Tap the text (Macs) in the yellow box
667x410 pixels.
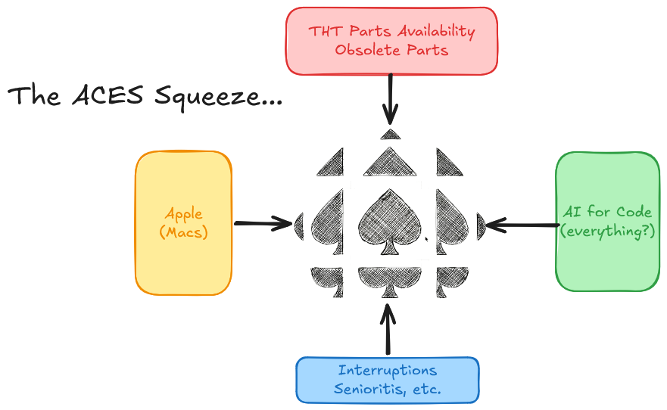coord(183,233)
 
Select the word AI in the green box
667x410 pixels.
coord(572,213)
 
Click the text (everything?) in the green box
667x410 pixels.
coord(607,231)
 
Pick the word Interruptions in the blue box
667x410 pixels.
coord(387,371)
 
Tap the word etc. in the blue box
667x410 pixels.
coord(426,389)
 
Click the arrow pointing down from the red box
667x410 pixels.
coord(390,98)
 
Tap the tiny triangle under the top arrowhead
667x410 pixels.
coord(390,135)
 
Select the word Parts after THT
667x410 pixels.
coord(365,32)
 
